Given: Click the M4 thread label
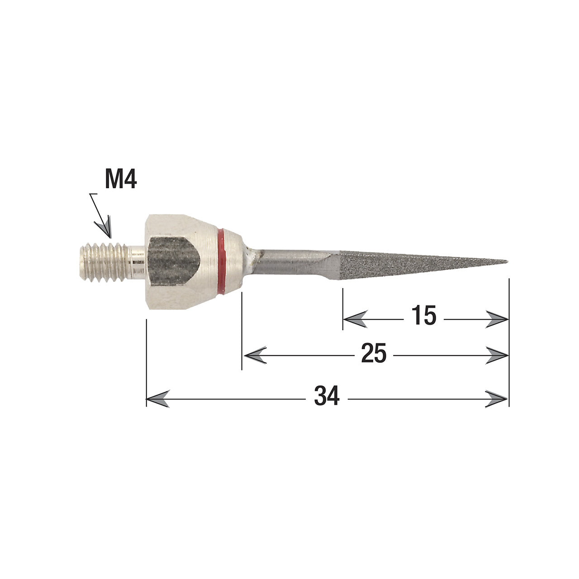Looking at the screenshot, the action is [121, 179].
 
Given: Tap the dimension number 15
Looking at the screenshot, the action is [423, 315].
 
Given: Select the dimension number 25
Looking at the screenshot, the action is [374, 353].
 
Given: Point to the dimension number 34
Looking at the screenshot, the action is [327, 396].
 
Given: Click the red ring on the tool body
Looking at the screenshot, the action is [222, 261].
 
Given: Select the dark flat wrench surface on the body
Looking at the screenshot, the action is [174, 261].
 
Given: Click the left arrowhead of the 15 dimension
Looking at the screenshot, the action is [355, 319].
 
